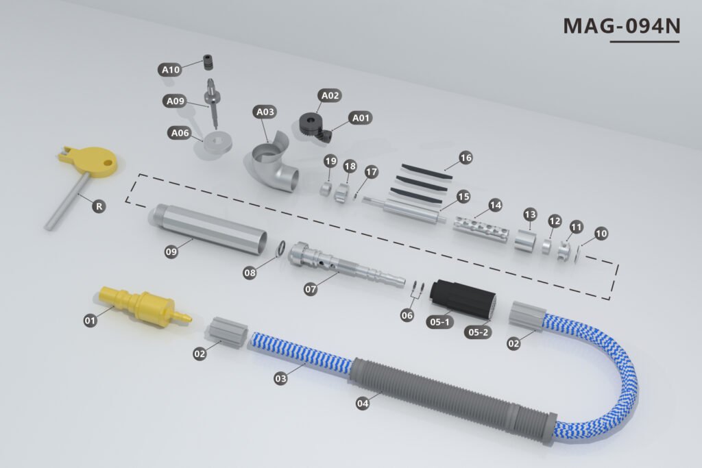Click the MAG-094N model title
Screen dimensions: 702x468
621,26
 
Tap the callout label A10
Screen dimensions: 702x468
170,70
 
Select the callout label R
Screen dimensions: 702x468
99,206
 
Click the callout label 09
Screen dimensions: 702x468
171,252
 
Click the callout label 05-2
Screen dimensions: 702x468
477,332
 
